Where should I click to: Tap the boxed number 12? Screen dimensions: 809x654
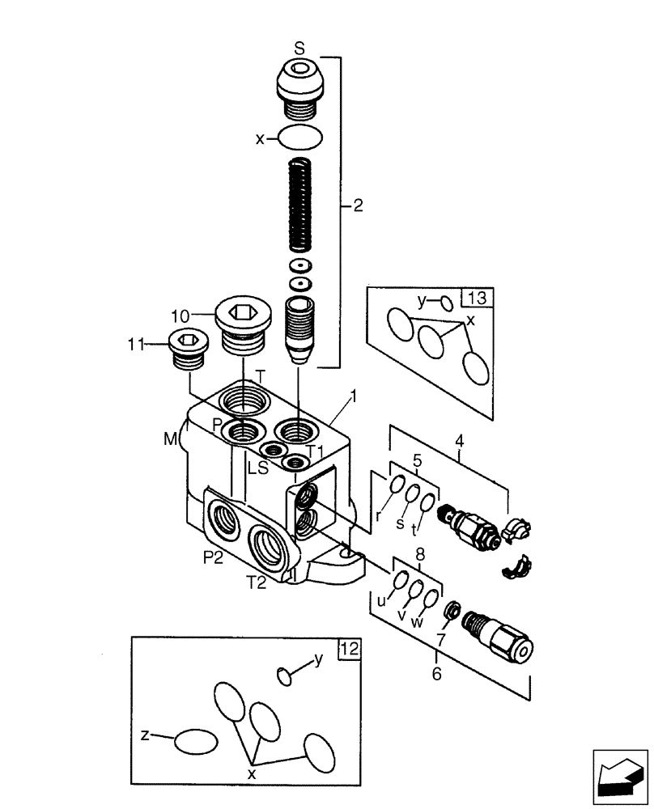pyautogui.click(x=349, y=648)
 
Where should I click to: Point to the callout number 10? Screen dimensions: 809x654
pyautogui.click(x=180, y=314)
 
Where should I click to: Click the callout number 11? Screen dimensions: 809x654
pyautogui.click(x=135, y=345)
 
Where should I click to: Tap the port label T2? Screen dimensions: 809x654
pyautogui.click(x=257, y=584)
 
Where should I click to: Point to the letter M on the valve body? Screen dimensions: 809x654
pyautogui.click(x=171, y=439)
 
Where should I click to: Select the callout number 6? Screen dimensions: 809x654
pyautogui.click(x=436, y=674)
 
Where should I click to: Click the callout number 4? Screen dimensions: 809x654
pyautogui.click(x=459, y=442)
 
